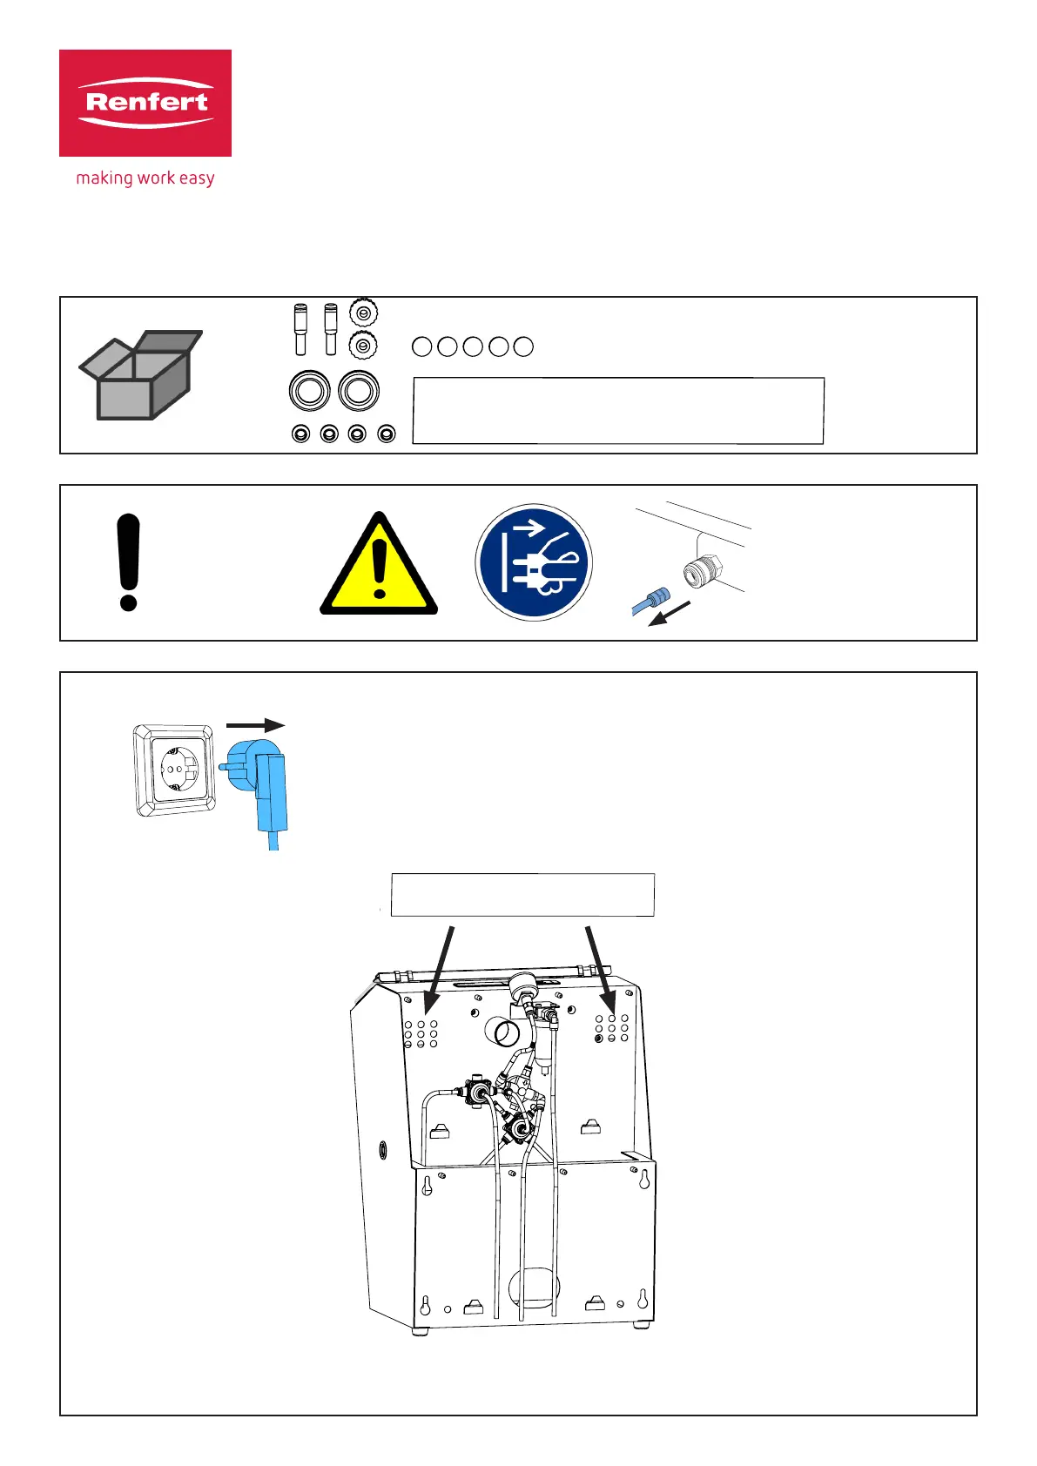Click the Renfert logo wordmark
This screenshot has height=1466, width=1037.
click(145, 102)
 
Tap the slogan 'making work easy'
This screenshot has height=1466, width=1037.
click(145, 178)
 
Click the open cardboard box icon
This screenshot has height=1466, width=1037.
click(142, 375)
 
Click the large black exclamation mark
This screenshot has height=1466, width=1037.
click(129, 562)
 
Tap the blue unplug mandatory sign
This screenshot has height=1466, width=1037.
click(534, 562)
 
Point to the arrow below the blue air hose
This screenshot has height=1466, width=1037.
click(671, 613)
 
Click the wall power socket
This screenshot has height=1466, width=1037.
click(175, 770)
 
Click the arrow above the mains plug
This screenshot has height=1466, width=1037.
click(255, 725)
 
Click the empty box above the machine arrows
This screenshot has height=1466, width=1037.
click(522, 895)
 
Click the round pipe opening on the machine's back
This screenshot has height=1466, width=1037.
click(506, 1033)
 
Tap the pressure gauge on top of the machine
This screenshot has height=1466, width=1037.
click(524, 985)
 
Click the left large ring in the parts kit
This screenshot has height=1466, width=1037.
click(309, 391)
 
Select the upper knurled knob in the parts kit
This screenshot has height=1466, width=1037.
click(363, 312)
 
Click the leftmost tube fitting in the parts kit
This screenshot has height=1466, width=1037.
click(300, 328)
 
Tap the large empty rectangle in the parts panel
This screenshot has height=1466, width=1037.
click(618, 411)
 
